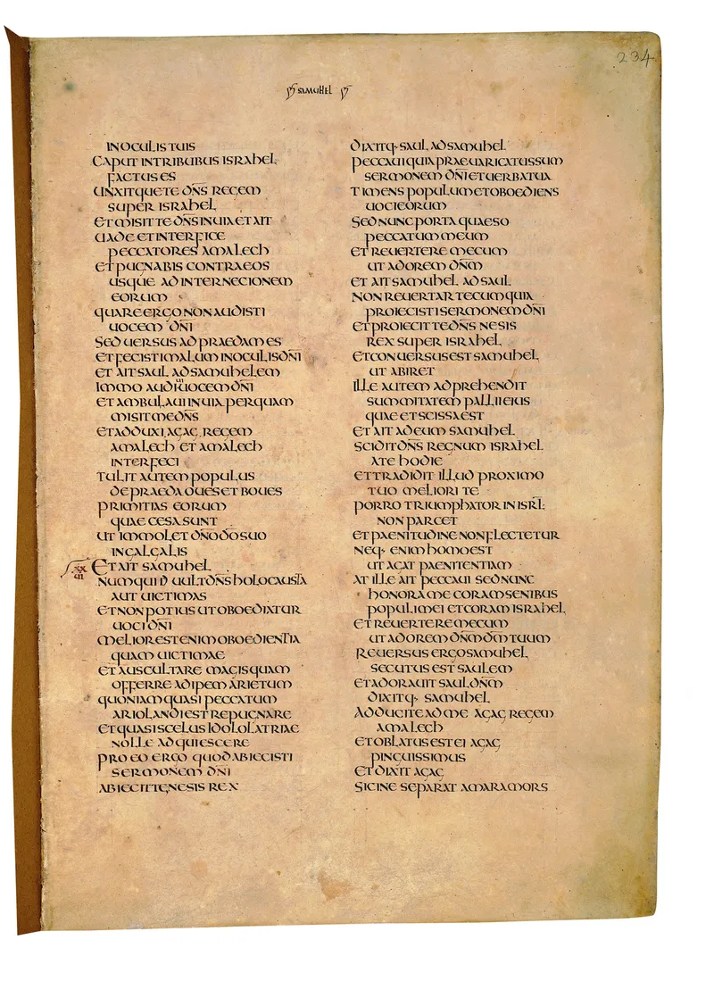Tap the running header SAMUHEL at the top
(314, 92)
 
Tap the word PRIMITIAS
(126, 506)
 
